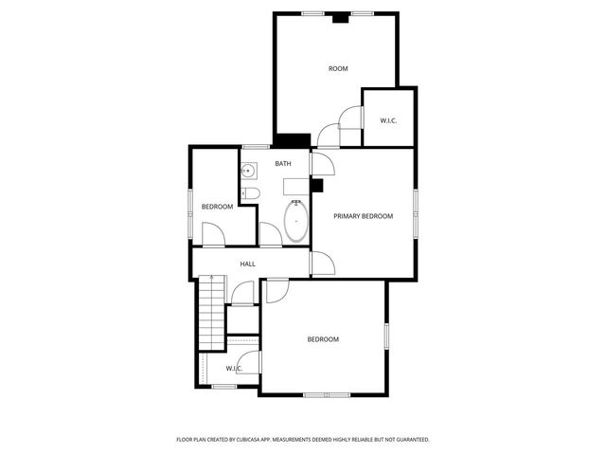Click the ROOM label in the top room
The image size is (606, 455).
[338, 68]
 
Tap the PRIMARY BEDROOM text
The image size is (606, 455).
[363, 216]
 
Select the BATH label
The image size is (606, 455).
[283, 164]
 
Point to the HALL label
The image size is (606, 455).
[247, 264]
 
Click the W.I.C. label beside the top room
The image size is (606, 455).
[388, 120]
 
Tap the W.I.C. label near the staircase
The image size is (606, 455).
[234, 368]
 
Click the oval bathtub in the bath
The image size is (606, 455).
[296, 220]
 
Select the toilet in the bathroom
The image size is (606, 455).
[250, 194]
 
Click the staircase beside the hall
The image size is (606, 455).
[210, 313]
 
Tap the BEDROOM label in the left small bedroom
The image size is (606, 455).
[217, 207]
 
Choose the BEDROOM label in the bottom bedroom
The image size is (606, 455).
[323, 339]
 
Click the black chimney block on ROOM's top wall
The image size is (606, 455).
[339, 16]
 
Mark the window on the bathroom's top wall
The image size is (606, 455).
[255, 146]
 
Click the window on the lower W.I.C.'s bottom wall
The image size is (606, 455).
[224, 386]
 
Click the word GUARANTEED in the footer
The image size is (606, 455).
[409, 440]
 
